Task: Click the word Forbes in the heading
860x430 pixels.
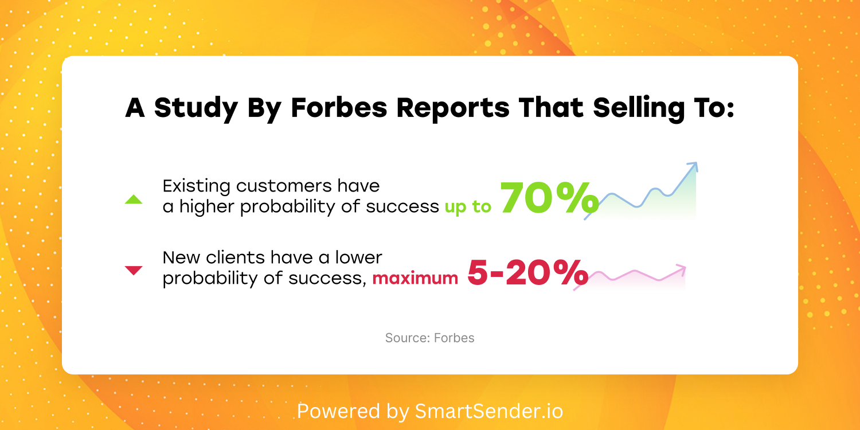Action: (x=339, y=108)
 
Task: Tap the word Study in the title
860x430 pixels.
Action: (x=196, y=110)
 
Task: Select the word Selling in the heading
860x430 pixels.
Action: (x=639, y=109)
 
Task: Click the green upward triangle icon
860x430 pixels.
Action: (x=134, y=200)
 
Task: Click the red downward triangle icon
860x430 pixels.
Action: (x=134, y=270)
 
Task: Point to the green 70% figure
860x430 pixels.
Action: (x=549, y=198)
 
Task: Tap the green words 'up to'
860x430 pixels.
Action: (x=468, y=207)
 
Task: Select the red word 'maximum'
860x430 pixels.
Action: (x=415, y=278)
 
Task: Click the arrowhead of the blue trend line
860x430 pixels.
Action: (x=693, y=166)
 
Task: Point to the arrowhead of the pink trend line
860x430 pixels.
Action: (x=681, y=269)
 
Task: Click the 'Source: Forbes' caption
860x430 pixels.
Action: (x=429, y=338)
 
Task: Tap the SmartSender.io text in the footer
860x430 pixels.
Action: (x=488, y=411)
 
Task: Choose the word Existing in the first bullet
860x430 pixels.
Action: (x=196, y=187)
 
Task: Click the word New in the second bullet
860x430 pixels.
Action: (x=181, y=257)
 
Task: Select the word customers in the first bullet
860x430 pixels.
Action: (x=284, y=186)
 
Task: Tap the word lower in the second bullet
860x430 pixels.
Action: (x=358, y=257)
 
